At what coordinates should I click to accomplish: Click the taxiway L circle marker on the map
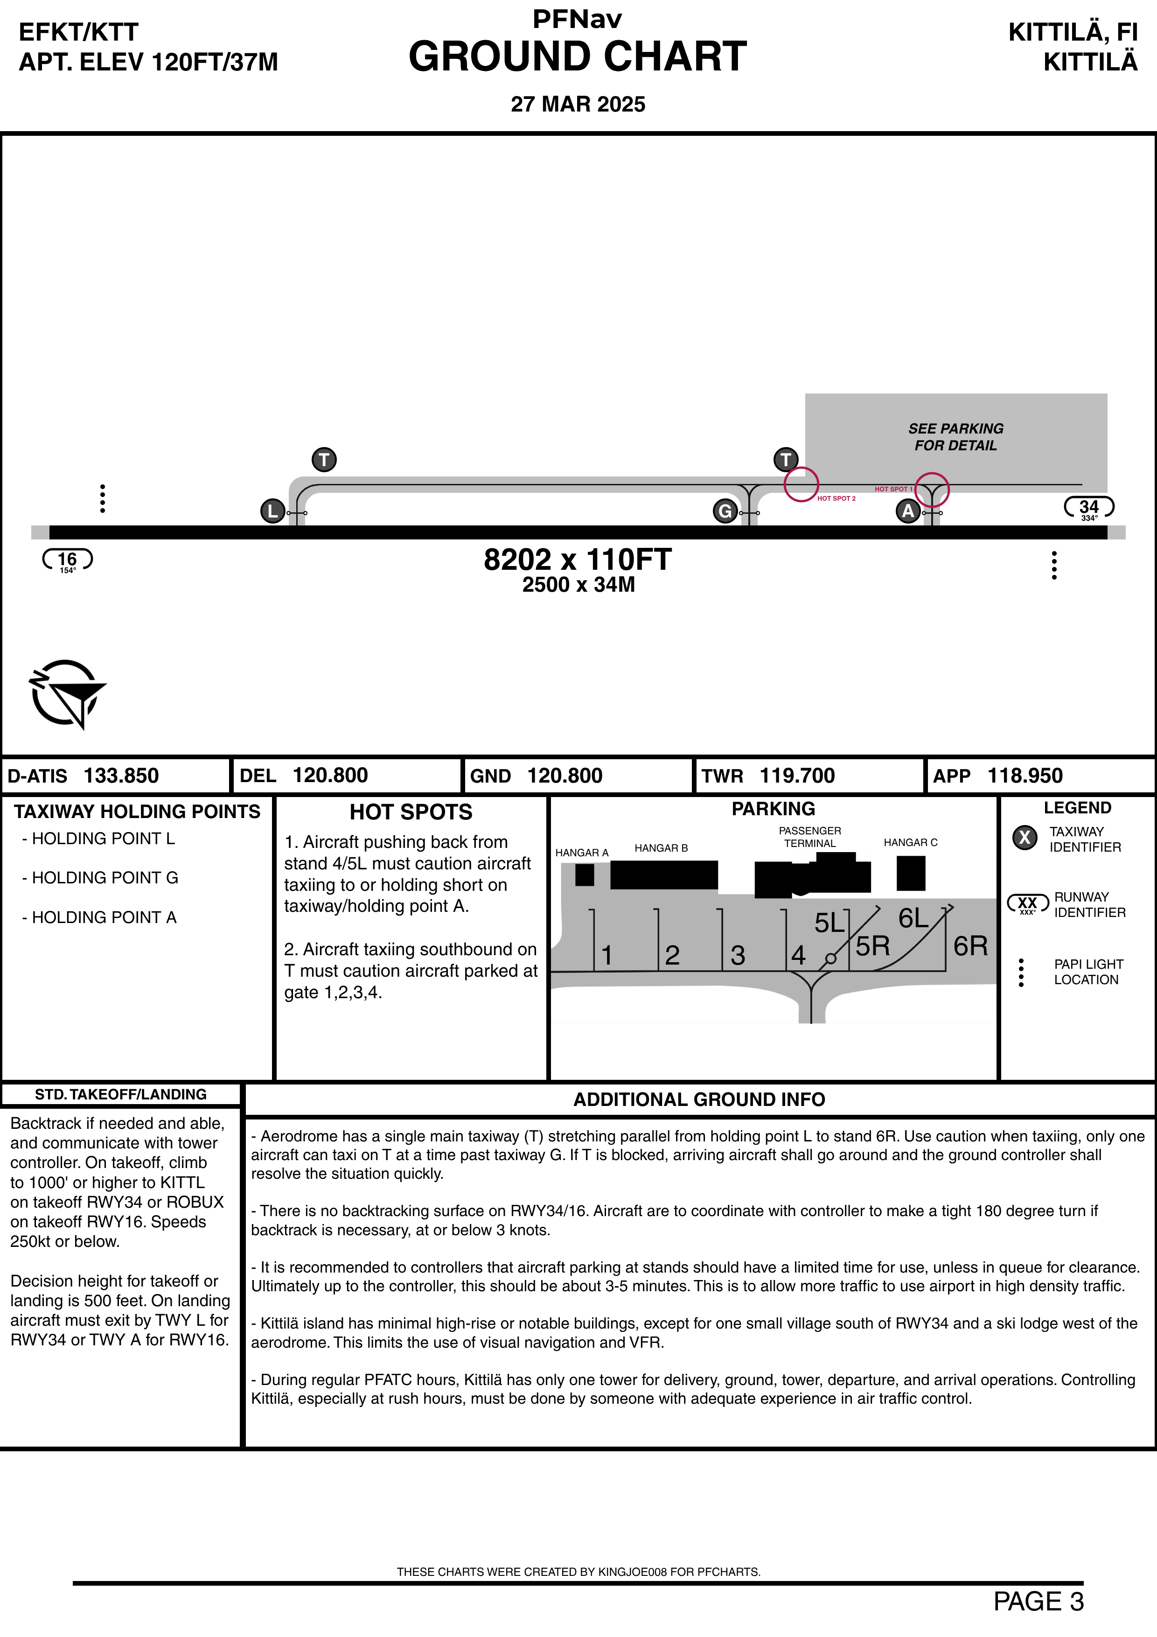(273, 511)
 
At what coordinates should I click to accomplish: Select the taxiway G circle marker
(725, 511)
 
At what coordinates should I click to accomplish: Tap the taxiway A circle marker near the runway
(907, 511)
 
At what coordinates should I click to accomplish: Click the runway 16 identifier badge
(68, 560)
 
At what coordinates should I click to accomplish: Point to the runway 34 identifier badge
(1088, 508)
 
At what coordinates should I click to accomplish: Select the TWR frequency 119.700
(797, 776)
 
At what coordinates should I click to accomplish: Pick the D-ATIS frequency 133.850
(121, 776)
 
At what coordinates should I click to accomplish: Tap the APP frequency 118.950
(1025, 776)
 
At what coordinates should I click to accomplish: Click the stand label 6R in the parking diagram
(970, 946)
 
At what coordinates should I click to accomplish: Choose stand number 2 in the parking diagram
(672, 955)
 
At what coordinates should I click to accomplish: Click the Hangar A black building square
(585, 875)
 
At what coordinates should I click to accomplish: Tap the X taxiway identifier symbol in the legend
(1025, 838)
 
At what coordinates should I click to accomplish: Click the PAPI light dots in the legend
(1022, 972)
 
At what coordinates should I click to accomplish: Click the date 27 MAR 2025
(578, 104)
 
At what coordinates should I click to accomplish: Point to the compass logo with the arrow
(67, 694)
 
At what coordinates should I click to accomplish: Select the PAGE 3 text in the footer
(1039, 1602)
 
